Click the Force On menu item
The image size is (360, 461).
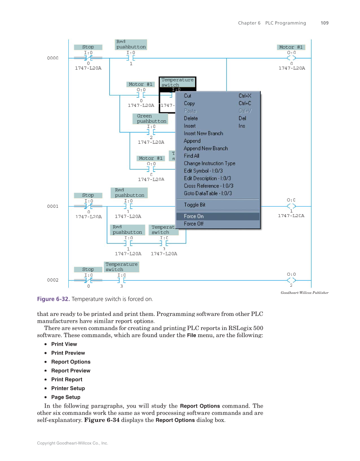[x=194, y=216]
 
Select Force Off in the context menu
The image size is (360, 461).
[x=194, y=224]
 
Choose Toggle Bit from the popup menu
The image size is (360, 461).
[x=195, y=205]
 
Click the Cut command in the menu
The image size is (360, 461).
[x=187, y=96]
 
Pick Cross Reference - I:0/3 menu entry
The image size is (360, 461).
[x=209, y=186]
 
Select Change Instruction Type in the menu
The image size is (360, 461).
[x=209, y=163]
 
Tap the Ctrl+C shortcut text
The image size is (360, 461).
[x=245, y=103]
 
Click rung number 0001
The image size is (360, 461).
[x=53, y=207]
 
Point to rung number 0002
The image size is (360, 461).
[x=53, y=280]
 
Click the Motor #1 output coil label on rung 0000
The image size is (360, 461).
[x=291, y=47]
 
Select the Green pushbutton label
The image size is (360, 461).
[x=151, y=119]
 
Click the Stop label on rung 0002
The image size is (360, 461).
[x=88, y=269]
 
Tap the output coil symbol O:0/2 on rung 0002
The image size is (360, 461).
[x=291, y=280]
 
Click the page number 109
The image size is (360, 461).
[x=324, y=23]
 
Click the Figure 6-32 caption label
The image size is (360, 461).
[x=53, y=299]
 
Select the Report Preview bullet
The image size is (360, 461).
[x=71, y=371]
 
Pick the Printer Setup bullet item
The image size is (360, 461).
[x=68, y=388]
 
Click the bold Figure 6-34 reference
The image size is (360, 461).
[x=102, y=420]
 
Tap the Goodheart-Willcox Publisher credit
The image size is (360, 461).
[x=304, y=293]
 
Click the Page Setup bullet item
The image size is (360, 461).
[x=66, y=397]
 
